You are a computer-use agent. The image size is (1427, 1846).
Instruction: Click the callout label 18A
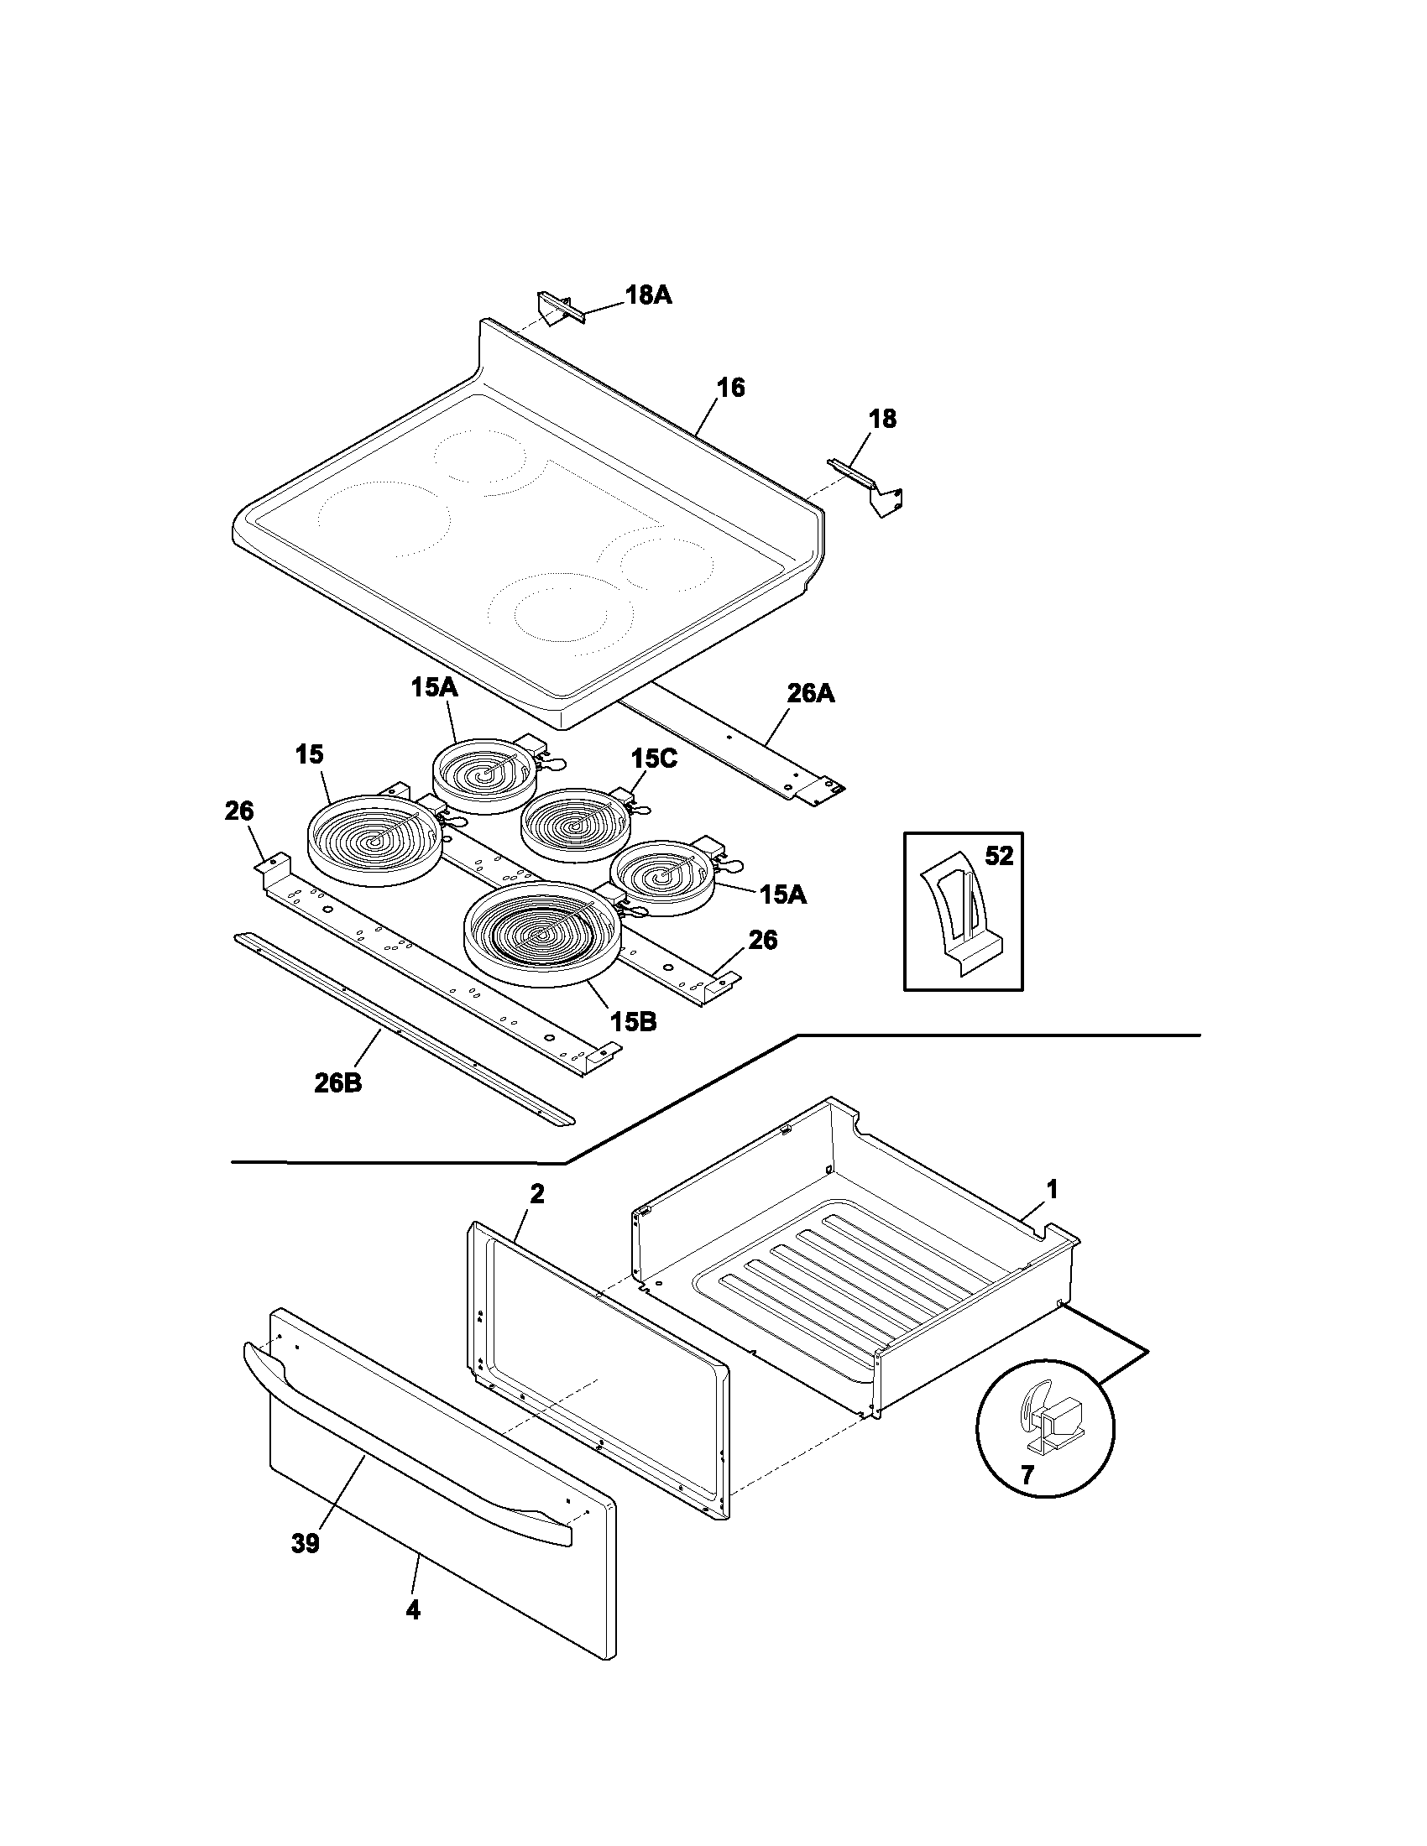[648, 295]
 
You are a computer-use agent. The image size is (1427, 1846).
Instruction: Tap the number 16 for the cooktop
[730, 388]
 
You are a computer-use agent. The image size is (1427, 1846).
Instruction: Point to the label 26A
[810, 694]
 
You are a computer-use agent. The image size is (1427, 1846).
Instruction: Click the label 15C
[652, 759]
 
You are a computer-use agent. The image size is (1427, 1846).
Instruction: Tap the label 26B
[337, 1082]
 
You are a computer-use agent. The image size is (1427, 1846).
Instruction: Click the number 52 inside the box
[998, 856]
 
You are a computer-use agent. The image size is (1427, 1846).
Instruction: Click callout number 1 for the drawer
[1052, 1189]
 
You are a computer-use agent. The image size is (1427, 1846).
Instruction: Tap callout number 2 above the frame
[537, 1194]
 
